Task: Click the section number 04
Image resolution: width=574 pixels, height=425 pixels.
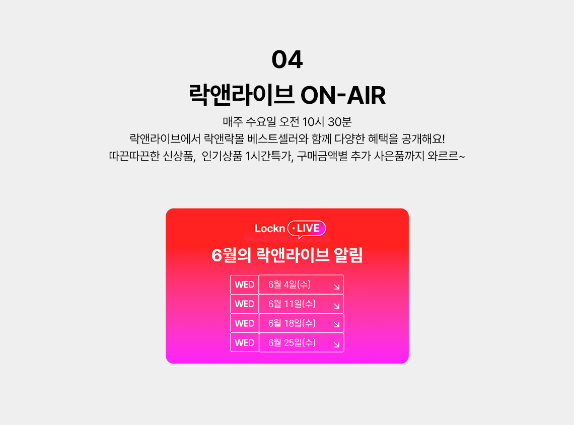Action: (x=287, y=59)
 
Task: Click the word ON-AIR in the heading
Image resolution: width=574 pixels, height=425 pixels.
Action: (x=343, y=96)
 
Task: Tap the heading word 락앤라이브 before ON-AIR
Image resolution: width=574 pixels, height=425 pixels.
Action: (x=242, y=95)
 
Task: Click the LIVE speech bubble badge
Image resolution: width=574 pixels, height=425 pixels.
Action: (x=307, y=229)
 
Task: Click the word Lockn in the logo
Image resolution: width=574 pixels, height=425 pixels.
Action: (x=270, y=229)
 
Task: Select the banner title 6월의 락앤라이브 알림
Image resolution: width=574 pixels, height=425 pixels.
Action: (x=287, y=255)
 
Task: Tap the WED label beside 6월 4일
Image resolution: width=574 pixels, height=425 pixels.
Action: (x=245, y=285)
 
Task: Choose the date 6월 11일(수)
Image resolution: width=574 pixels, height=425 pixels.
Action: (x=292, y=304)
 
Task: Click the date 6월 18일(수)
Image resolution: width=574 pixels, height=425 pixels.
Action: (x=292, y=323)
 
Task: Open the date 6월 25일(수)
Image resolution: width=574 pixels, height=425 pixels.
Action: (x=292, y=342)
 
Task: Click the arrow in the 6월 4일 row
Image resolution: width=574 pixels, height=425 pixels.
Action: (x=337, y=287)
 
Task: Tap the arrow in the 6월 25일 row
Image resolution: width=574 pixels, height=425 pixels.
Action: (x=337, y=345)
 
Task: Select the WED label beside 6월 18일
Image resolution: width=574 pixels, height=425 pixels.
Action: (x=245, y=323)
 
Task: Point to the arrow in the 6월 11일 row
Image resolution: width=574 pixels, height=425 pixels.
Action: (x=337, y=306)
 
